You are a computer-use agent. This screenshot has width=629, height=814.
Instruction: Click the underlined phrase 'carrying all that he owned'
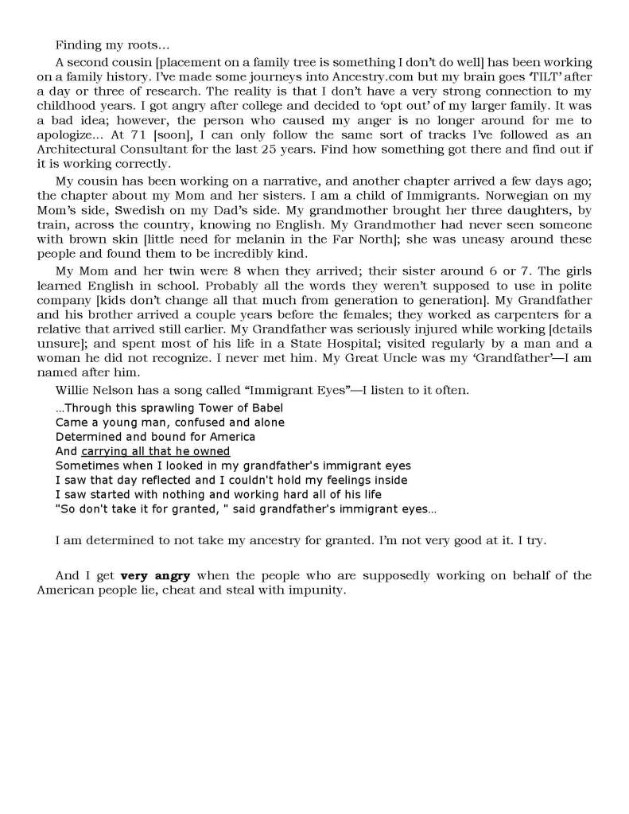(155, 451)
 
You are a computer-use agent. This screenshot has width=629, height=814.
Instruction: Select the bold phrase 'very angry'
(155, 575)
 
